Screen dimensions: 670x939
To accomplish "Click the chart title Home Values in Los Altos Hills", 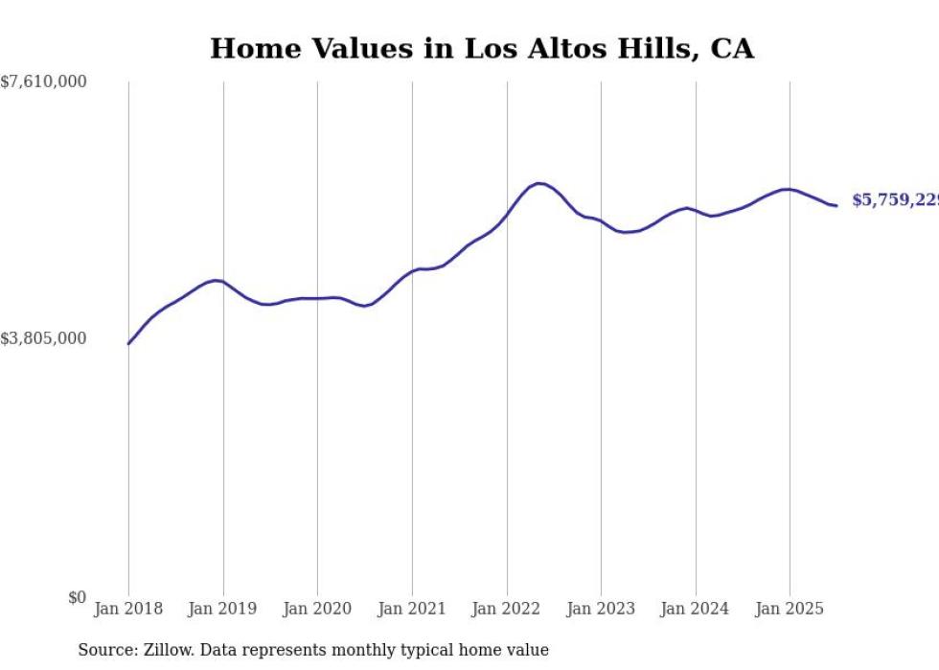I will [481, 49].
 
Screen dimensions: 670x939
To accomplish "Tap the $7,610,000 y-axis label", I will [44, 82].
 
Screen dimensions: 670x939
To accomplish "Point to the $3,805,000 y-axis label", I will [44, 338].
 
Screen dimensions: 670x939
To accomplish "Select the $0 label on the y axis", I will [77, 598].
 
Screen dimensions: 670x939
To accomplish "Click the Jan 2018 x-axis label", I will [128, 609].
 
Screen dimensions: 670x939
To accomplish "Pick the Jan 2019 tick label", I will [223, 609].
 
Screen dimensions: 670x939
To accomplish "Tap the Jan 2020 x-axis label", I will [317, 609].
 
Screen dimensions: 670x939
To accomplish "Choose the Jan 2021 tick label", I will [412, 609].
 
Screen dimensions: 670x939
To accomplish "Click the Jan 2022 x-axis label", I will [507, 609].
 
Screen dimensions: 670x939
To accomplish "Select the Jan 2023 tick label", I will [601, 609].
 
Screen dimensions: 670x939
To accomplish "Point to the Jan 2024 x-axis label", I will [696, 609].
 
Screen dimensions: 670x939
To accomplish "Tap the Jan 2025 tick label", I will [790, 609].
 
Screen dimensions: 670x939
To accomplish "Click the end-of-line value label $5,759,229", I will [895, 200].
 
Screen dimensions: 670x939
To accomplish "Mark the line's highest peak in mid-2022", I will [538, 183].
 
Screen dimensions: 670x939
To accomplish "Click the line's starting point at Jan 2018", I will [128, 343].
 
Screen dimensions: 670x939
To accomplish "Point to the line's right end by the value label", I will [836, 205].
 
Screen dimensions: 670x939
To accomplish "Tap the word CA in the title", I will [732, 49].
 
